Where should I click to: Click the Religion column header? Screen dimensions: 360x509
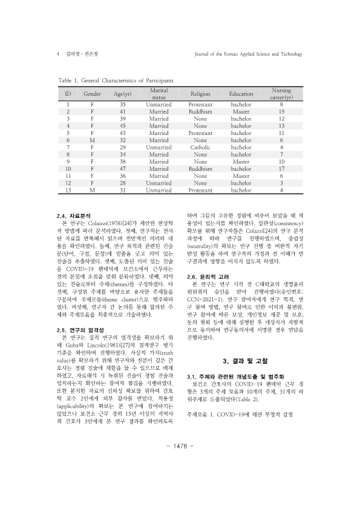200,94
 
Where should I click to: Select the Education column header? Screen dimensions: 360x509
241,94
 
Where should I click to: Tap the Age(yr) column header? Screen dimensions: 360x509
123,94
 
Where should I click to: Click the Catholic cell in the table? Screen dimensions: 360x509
200,147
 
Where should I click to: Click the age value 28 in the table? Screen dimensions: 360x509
123,182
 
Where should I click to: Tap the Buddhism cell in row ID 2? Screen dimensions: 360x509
200,112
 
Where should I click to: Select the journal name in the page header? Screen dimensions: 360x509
246,54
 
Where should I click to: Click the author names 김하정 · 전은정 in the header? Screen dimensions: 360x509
82,54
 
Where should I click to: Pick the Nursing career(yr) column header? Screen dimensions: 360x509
281,94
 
